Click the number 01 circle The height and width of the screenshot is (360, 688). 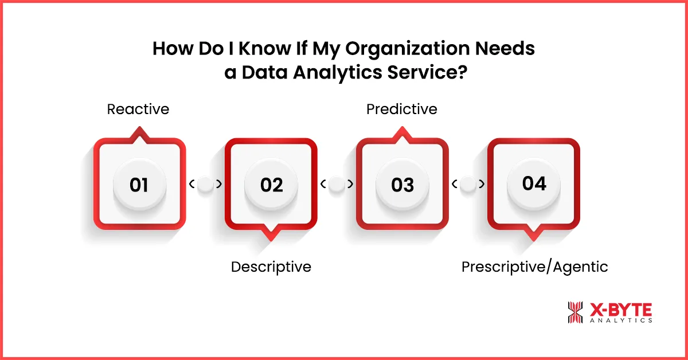coord(139,185)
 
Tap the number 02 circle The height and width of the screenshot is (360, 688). coord(271,185)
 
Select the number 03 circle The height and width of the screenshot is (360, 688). coord(402,185)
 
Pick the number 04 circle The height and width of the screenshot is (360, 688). coord(534,183)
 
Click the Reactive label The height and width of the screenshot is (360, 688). coord(138,109)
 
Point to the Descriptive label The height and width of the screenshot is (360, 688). coord(271,267)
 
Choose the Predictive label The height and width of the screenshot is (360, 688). coord(402,109)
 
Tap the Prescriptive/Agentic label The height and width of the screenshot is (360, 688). coord(534,267)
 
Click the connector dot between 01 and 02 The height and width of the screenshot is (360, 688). coord(205,184)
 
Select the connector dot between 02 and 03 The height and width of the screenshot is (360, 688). coord(337,184)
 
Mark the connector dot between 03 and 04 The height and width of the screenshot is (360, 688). coord(468,184)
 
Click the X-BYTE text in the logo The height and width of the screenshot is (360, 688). coord(620,310)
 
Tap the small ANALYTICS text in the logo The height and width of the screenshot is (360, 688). coord(620,321)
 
